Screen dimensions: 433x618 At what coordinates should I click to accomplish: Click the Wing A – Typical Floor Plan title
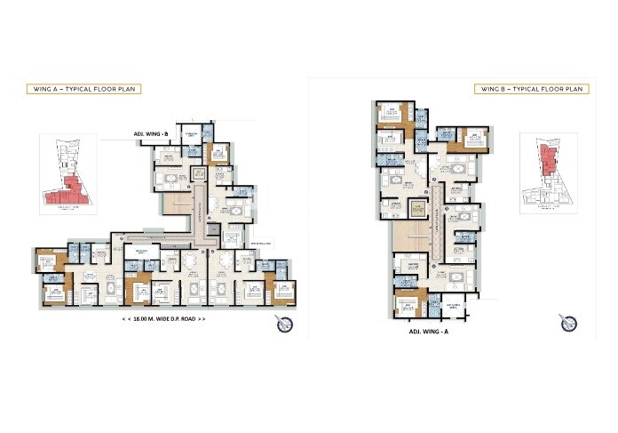84,89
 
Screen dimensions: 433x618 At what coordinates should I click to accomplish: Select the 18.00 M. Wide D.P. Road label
166,317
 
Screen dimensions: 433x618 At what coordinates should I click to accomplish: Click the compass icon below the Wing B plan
565,320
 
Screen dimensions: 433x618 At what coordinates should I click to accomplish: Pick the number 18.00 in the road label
149,317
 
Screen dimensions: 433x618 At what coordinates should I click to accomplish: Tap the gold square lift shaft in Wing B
416,210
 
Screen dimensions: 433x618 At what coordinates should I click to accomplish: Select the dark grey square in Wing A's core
212,229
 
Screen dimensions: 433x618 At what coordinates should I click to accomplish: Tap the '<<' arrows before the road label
130,317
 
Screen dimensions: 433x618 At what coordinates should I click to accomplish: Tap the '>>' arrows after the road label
202,317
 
